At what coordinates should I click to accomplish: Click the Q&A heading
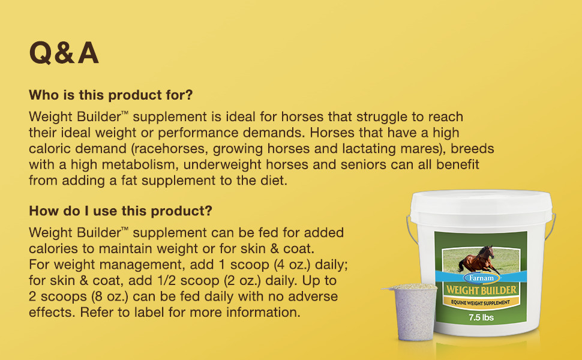64,53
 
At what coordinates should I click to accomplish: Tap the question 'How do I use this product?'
120,211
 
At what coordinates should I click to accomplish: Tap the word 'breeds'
475,148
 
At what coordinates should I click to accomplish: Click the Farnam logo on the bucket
480,278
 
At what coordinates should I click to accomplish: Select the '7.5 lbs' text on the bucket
481,317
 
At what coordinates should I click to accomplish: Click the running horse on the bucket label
477,259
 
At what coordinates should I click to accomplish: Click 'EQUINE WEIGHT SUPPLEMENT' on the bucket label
481,303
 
